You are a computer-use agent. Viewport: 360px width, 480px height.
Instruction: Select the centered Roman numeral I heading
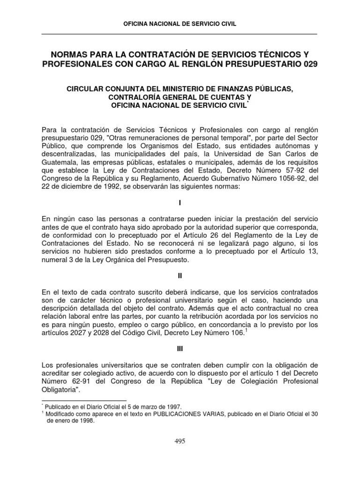click(180, 204)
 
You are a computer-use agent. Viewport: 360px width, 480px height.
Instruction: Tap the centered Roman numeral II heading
click(180, 277)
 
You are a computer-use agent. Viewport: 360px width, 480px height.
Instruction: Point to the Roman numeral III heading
click(180, 349)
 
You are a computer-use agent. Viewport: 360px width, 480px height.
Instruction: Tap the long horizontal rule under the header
click(180, 34)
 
